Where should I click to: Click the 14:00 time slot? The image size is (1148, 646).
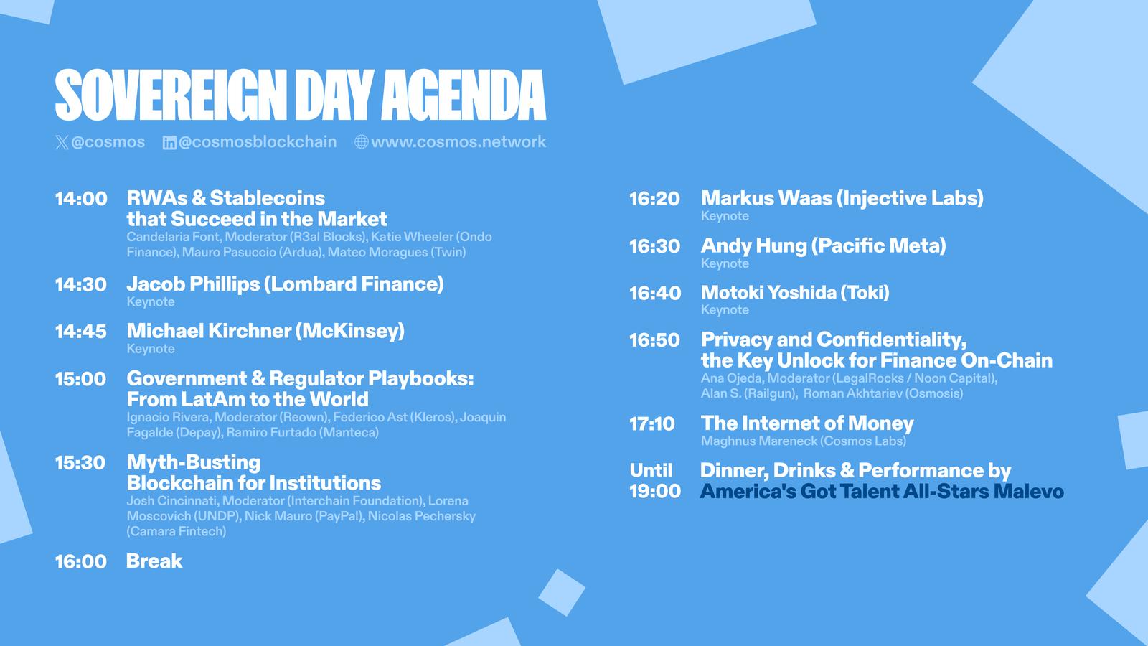tap(81, 199)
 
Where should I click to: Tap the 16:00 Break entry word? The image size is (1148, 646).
tap(154, 561)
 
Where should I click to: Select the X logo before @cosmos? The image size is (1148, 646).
tap(62, 142)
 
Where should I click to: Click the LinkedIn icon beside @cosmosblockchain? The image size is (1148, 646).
tap(169, 143)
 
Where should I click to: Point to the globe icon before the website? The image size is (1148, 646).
tap(362, 142)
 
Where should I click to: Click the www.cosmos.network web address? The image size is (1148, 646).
tap(458, 142)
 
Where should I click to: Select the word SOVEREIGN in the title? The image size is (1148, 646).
tap(171, 95)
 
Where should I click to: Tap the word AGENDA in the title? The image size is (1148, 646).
tap(464, 95)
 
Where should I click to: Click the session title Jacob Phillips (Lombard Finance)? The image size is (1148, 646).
tap(285, 284)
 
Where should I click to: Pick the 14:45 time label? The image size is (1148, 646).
tap(81, 332)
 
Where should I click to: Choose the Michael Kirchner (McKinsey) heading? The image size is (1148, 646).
tap(265, 332)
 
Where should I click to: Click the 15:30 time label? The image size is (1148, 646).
tap(80, 463)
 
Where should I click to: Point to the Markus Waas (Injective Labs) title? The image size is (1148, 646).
tap(842, 199)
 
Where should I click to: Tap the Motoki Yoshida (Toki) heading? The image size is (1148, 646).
tap(795, 293)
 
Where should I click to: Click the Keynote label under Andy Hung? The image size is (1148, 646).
tap(725, 263)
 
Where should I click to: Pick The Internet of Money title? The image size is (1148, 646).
tap(807, 423)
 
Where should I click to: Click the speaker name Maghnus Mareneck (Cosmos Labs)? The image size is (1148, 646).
tap(804, 441)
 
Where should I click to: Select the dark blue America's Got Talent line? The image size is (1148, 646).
tap(882, 492)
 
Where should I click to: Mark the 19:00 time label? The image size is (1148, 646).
tap(656, 492)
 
